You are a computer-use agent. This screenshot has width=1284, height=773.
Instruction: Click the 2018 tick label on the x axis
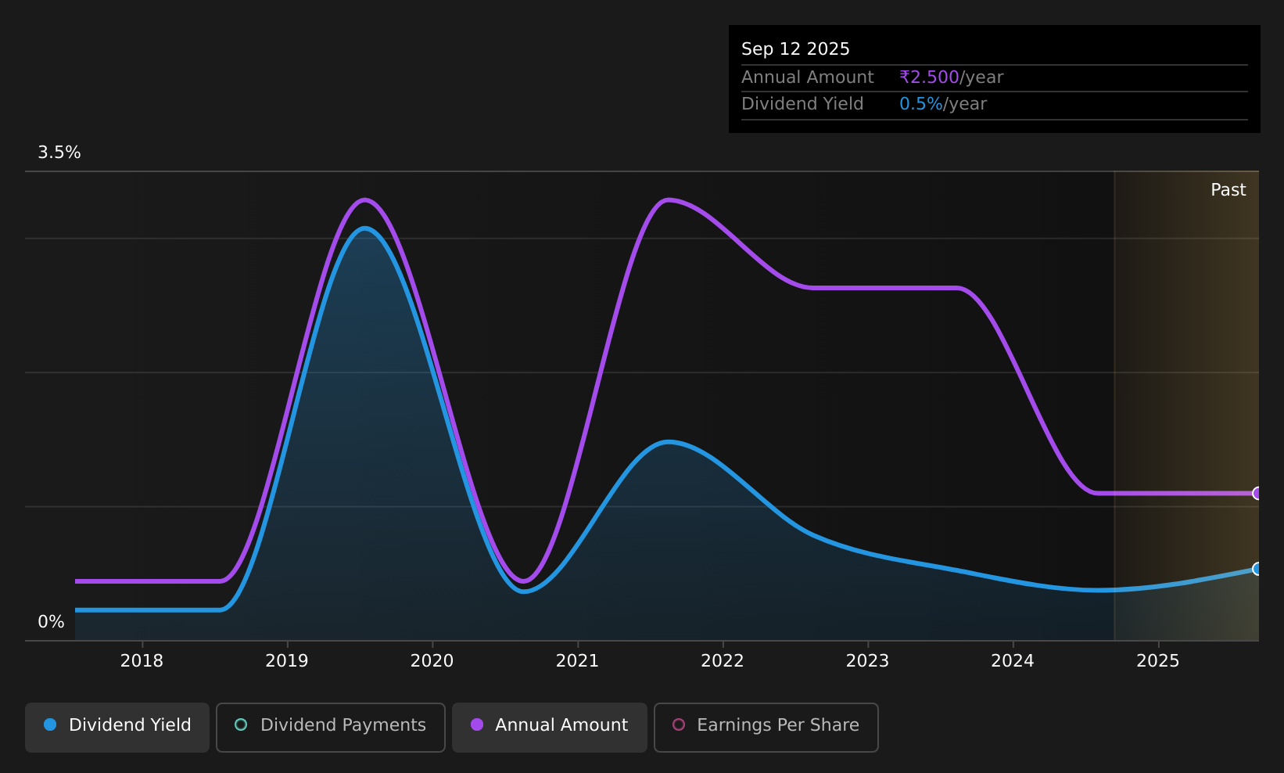[x=142, y=660]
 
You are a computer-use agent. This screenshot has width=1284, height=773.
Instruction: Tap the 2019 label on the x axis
[x=287, y=660]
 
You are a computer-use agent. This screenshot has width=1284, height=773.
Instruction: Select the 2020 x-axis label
[x=432, y=660]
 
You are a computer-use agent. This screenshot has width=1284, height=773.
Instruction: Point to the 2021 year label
[x=577, y=660]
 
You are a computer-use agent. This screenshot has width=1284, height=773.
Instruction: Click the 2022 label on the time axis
[x=723, y=660]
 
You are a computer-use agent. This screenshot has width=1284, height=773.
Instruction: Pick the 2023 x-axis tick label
[x=868, y=660]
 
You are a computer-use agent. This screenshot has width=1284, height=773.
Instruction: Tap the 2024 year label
[x=1013, y=660]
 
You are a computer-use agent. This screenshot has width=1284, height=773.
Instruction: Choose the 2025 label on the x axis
[x=1158, y=660]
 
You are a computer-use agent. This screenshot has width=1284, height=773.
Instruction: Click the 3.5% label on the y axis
[x=59, y=153]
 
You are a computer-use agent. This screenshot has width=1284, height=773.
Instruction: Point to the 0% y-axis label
[x=51, y=622]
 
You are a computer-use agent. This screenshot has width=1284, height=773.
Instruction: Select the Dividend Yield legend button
[x=117, y=727]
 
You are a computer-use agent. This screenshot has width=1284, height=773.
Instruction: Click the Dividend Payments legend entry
[x=331, y=727]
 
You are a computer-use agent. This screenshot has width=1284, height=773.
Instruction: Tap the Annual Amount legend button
[x=549, y=727]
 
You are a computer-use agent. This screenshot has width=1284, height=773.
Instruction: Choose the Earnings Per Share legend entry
[x=766, y=727]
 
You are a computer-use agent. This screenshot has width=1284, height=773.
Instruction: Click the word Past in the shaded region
[x=1228, y=190]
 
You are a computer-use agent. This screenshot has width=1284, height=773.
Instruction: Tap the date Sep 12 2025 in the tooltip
[x=795, y=49]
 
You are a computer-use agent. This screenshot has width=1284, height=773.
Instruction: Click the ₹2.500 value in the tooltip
[x=929, y=77]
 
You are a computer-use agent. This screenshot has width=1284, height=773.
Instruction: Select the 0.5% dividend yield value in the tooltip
[x=920, y=104]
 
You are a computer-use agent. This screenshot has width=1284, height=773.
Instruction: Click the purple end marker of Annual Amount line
[x=1257, y=493]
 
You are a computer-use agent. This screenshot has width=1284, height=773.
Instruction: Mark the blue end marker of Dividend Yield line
[x=1257, y=569]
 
